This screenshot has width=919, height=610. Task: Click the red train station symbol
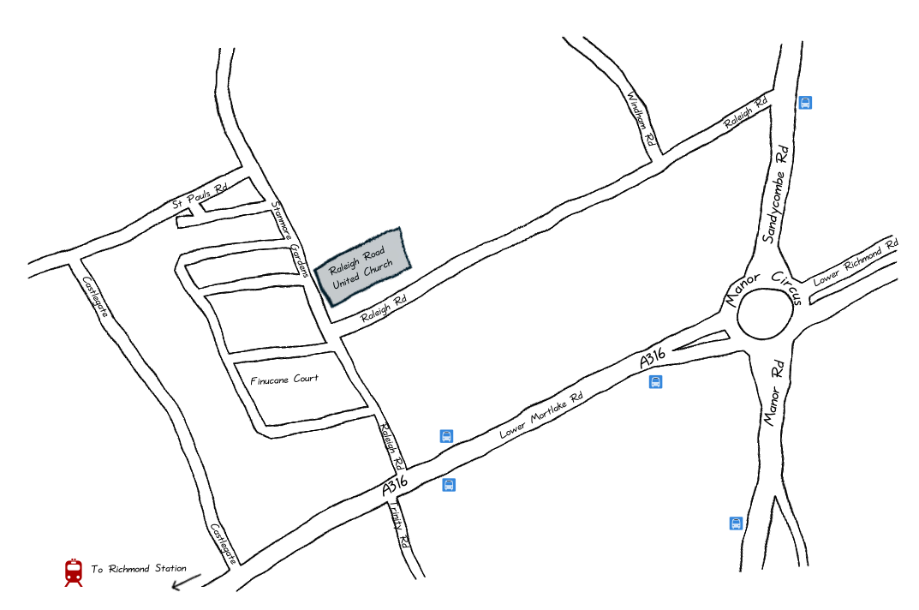click(74, 572)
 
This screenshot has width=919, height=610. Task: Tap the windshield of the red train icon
click(74, 568)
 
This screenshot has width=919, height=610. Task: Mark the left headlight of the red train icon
click(69, 577)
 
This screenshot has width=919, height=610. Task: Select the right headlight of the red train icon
click(78, 577)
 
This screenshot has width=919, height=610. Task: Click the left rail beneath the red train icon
click(68, 584)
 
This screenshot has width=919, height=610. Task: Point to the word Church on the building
click(379, 267)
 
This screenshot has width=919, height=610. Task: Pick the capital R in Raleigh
click(332, 270)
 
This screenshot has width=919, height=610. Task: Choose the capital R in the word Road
click(367, 256)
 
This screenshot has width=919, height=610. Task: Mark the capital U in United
click(336, 284)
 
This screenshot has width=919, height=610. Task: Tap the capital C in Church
click(367, 272)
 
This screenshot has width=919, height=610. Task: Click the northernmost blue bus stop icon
click(805, 103)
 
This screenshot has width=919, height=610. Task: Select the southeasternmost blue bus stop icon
click(736, 523)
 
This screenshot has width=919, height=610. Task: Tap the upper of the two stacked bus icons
click(446, 436)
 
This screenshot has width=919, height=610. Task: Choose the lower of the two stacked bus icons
click(449, 485)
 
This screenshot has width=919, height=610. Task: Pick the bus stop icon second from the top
click(655, 381)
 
